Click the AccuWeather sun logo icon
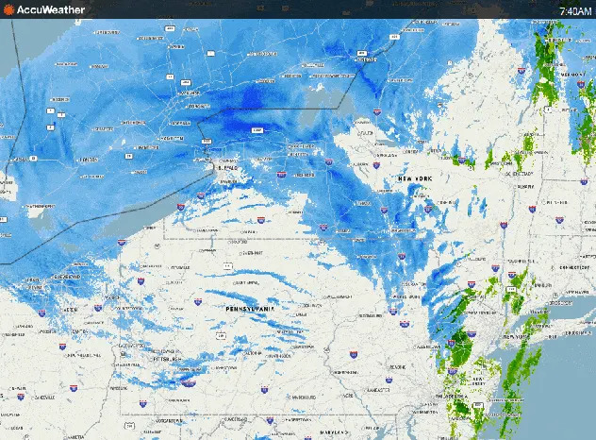(x=8, y=9)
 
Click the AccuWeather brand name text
(x=51, y=9)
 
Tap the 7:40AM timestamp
(x=575, y=10)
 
